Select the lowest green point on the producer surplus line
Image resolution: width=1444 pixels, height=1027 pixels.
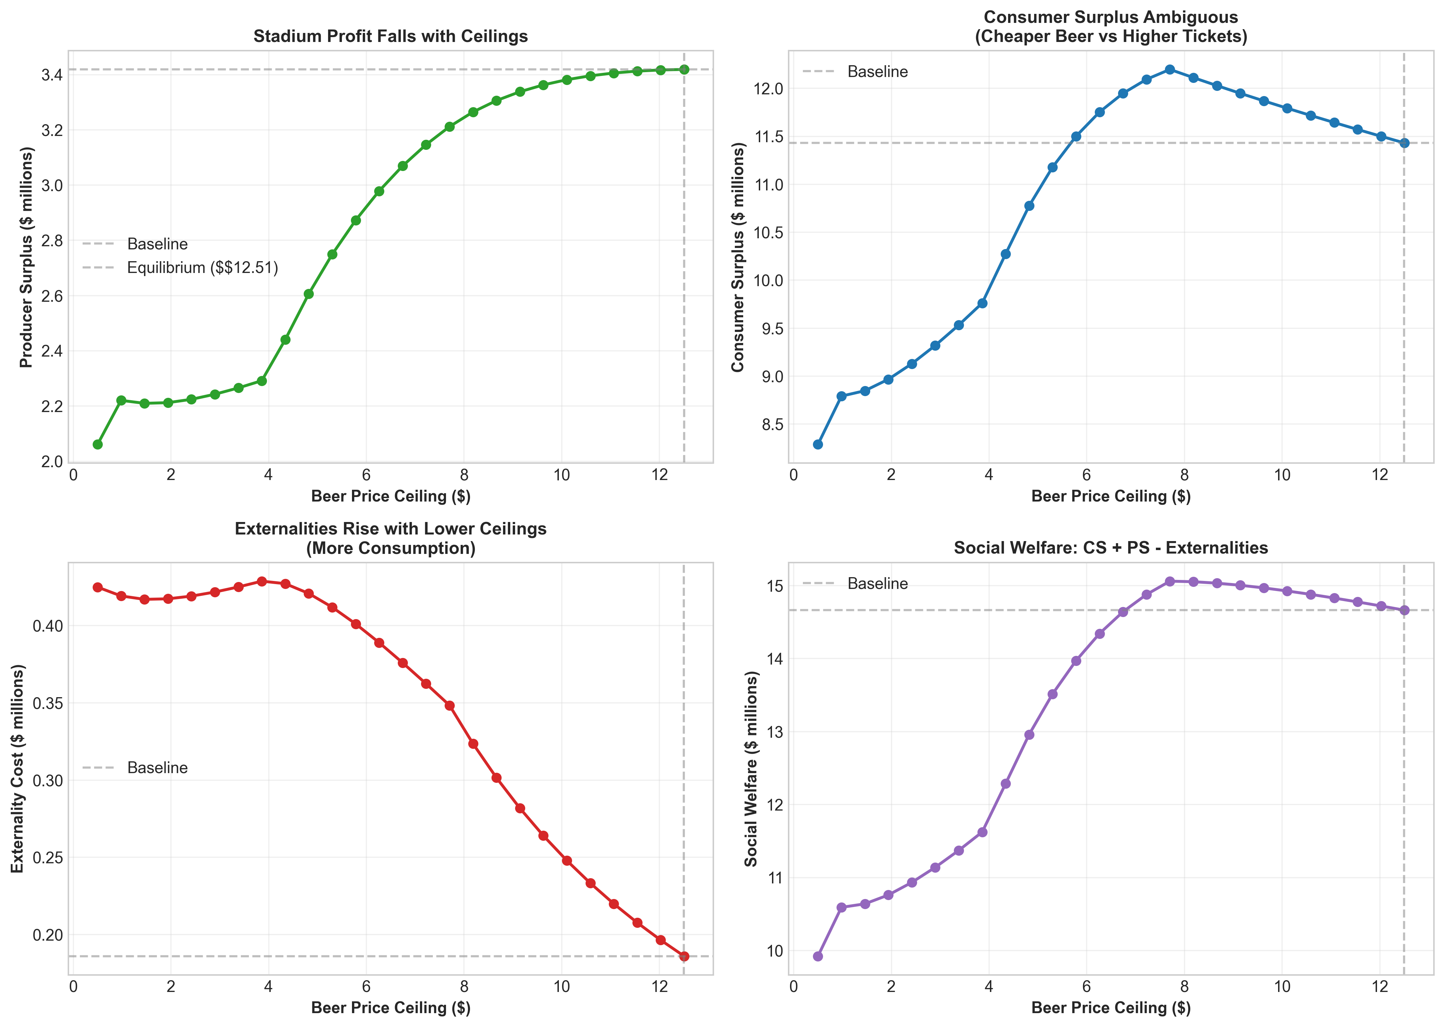tap(98, 445)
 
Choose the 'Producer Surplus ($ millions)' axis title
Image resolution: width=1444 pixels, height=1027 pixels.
tap(26, 257)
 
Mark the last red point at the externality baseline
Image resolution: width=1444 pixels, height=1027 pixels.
tap(684, 956)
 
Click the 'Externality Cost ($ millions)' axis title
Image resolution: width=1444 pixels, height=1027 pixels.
tap(18, 768)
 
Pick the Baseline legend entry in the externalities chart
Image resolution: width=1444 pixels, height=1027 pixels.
tap(157, 768)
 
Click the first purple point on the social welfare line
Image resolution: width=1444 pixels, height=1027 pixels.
tap(817, 956)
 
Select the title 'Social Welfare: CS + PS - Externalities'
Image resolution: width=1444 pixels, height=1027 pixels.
tap(1110, 548)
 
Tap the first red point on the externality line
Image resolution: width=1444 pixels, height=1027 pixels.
tap(98, 588)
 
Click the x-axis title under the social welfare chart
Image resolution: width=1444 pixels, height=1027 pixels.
tap(1110, 1007)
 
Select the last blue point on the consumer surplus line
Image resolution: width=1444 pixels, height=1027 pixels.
tap(1404, 143)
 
